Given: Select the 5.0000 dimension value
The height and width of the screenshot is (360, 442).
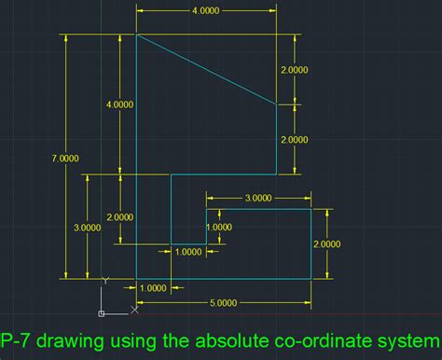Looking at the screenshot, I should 222,302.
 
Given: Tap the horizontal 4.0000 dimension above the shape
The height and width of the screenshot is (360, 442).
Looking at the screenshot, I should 206,10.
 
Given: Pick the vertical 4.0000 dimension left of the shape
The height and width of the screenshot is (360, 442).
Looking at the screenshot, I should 119,105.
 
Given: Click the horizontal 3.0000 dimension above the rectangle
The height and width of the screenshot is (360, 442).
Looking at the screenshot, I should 257,198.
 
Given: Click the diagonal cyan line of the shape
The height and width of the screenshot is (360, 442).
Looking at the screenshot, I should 207,71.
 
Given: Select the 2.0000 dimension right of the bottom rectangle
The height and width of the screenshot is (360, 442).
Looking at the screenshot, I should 326,244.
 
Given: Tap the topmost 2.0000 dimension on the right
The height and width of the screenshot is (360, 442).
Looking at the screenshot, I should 294,70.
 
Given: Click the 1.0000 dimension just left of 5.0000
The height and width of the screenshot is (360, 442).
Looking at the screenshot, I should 153,288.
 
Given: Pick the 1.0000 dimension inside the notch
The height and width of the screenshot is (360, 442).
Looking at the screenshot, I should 219,227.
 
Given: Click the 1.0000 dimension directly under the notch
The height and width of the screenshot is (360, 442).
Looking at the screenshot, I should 188,251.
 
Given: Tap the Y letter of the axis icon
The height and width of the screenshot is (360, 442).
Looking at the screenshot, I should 105,278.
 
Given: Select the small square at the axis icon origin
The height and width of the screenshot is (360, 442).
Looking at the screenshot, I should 101,312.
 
